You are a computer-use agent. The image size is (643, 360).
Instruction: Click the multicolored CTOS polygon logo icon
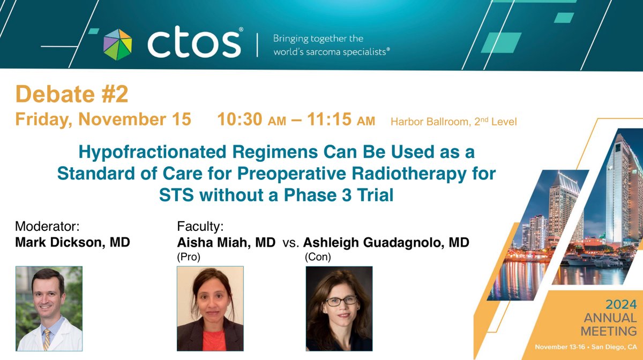coord(117,44)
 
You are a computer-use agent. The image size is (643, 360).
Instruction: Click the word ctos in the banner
coord(195,44)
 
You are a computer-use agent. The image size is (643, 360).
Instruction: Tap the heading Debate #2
coord(72,95)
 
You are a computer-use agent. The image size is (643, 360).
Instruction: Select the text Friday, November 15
coord(103,119)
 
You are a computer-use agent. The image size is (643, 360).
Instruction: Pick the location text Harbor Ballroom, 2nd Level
coord(453,122)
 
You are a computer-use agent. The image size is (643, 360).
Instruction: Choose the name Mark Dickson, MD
coord(73,243)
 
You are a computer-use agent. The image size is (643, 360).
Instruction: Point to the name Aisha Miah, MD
coord(226,243)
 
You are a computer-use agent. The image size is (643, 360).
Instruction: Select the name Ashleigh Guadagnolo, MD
coord(386,243)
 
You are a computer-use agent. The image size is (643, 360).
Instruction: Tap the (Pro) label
coord(188,257)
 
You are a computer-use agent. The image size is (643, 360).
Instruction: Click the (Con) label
coord(318,257)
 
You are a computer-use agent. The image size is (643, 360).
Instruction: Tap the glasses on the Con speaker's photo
coord(340,301)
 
